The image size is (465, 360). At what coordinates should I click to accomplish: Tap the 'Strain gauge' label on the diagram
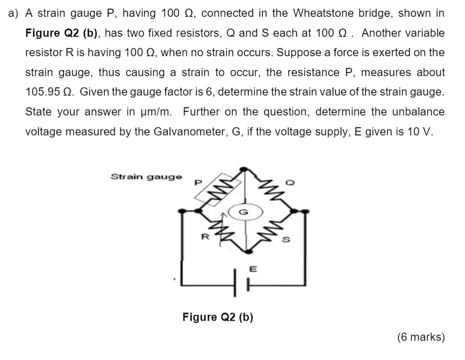[146, 177]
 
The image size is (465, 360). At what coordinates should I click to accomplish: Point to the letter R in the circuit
[205, 237]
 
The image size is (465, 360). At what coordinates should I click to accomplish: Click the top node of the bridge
[245, 169]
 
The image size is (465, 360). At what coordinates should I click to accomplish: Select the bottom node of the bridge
[248, 251]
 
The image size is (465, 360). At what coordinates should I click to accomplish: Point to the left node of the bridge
[182, 210]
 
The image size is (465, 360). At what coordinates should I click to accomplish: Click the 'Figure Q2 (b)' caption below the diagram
[218, 317]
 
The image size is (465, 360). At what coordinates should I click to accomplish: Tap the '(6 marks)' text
[421, 337]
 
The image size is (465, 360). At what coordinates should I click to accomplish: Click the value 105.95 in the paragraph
[44, 93]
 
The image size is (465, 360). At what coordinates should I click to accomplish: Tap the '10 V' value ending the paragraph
[420, 131]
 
